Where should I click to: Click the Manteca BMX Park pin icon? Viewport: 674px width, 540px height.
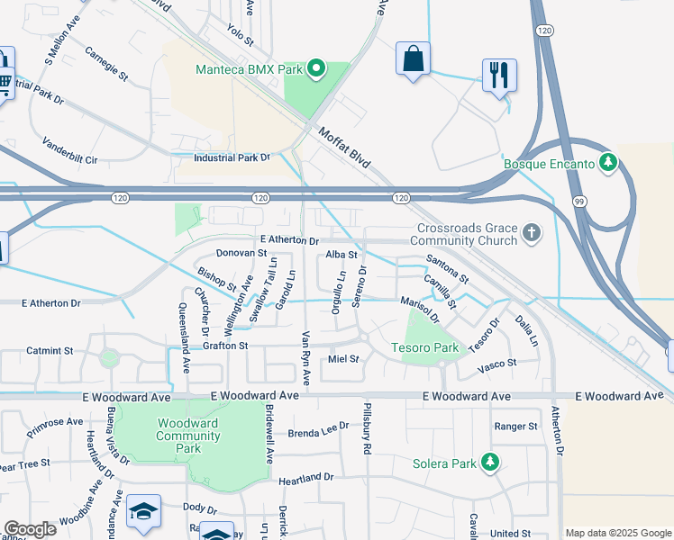pos(316,67)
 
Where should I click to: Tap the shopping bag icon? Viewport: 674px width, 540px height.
pos(412,59)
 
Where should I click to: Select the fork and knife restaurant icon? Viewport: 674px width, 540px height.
pos(499,75)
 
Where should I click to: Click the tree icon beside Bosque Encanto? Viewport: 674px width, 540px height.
pos(610,163)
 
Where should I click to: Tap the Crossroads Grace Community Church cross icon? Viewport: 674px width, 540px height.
pos(532,234)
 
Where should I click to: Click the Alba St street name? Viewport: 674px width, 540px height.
pos(342,255)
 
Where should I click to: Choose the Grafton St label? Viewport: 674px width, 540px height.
pos(225,346)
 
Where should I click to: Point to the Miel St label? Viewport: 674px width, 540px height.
pos(343,358)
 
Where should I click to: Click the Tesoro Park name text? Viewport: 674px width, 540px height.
pos(424,347)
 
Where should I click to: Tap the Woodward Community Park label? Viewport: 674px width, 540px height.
pos(188,436)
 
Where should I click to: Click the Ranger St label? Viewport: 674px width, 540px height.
pos(515,426)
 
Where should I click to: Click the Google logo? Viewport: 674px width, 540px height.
pos(30,529)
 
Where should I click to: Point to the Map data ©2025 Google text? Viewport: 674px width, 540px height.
pos(617,533)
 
